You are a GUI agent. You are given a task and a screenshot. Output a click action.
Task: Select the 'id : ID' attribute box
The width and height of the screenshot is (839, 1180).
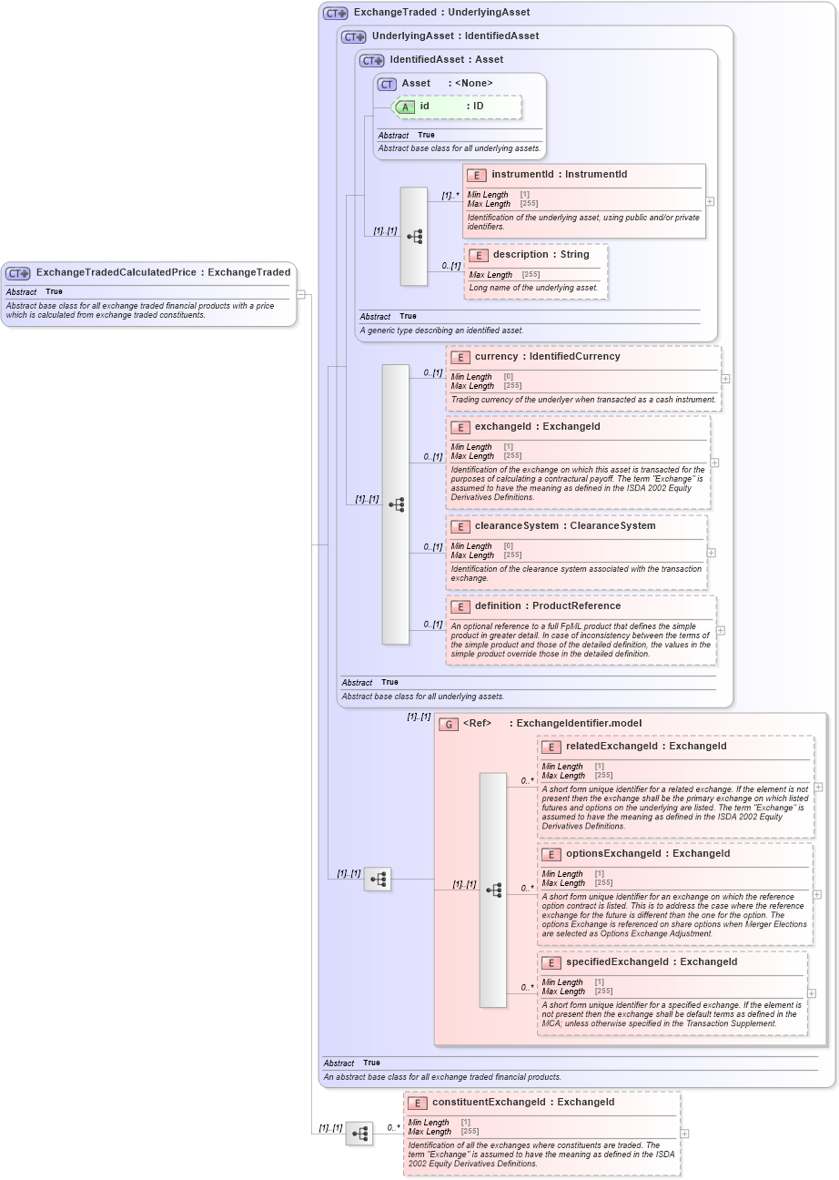[x=459, y=107]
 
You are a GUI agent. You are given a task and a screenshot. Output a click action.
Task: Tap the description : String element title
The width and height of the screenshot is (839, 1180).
[x=541, y=254]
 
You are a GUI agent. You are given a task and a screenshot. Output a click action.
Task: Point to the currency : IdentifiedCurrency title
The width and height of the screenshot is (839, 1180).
[x=547, y=357]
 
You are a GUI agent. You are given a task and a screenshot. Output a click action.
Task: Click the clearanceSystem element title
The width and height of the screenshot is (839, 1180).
[x=564, y=526]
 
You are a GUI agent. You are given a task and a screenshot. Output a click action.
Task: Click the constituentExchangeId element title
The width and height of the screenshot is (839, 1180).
[x=522, y=1102]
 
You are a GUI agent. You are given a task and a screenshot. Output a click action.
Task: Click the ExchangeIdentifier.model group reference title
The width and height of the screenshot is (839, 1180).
[x=551, y=724]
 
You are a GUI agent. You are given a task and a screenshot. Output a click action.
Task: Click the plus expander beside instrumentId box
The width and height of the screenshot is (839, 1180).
[x=710, y=201]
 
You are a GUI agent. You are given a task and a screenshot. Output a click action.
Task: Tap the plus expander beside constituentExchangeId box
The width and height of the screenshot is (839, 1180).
[x=684, y=1134]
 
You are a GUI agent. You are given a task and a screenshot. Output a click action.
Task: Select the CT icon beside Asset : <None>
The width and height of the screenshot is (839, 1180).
[x=387, y=84]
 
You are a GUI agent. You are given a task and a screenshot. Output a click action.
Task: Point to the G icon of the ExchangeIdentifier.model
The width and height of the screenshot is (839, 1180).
[x=448, y=724]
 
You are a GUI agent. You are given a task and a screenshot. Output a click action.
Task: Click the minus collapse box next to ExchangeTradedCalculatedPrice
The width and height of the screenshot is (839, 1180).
[x=301, y=294]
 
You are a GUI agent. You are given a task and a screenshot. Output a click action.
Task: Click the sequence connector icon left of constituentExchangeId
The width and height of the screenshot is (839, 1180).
[x=359, y=1134]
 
